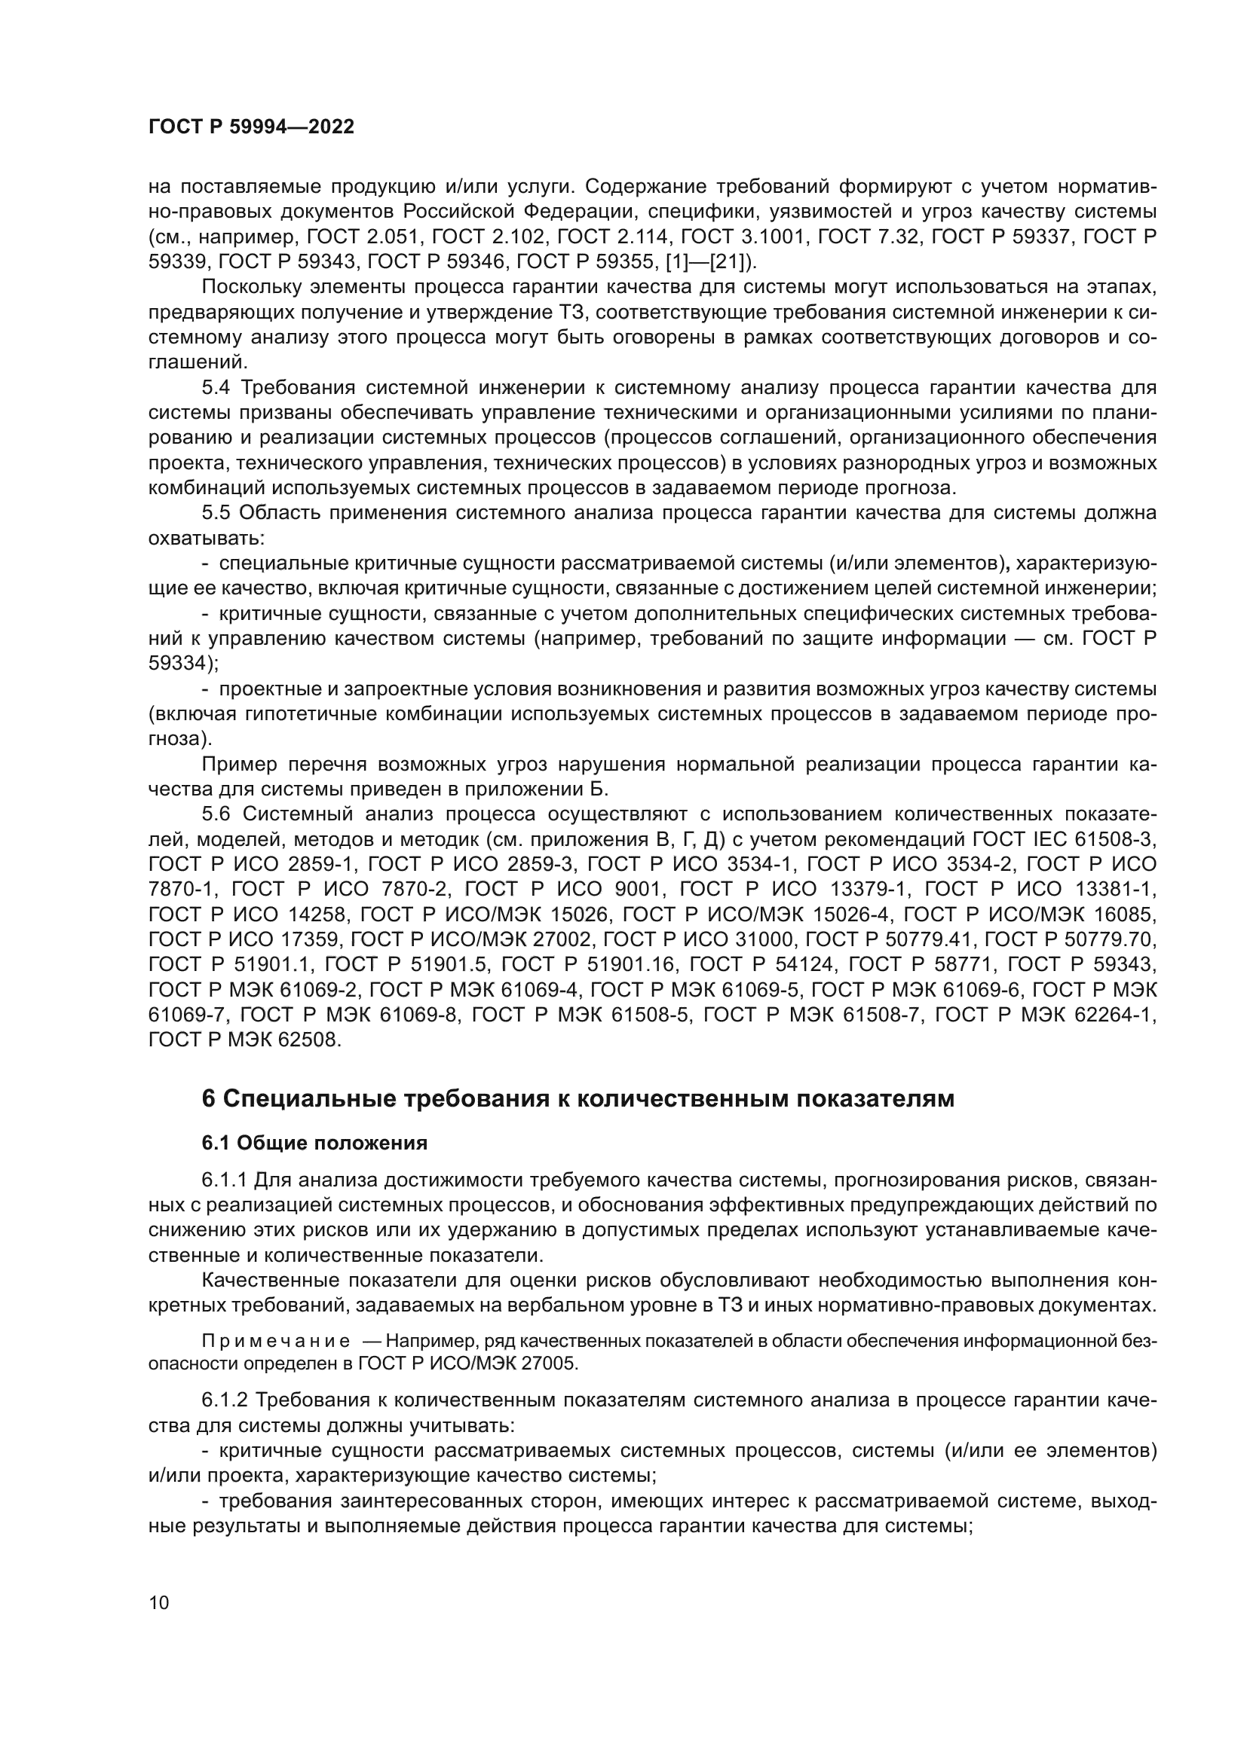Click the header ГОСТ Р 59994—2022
pyautogui.click(x=251, y=127)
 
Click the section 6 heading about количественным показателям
pyautogui.click(x=578, y=1098)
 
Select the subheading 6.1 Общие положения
pyautogui.click(x=314, y=1143)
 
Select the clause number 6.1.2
pyautogui.click(x=224, y=1400)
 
